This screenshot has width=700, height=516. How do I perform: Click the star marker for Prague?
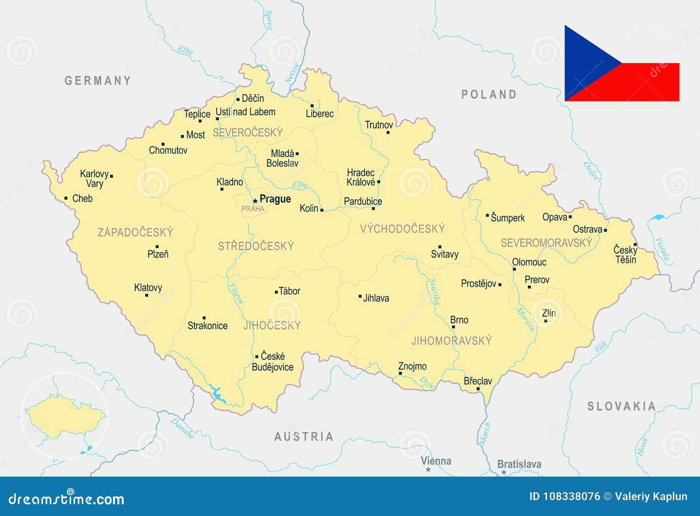pos(255,201)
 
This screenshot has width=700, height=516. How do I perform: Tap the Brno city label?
pos(459,320)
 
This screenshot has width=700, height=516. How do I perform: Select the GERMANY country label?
pos(98,81)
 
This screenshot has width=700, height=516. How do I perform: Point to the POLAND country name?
pos(489,95)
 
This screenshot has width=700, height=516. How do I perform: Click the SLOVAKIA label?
pos(621,407)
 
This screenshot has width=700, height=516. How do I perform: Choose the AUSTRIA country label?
pos(304,436)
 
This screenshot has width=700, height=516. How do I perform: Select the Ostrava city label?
pos(587,229)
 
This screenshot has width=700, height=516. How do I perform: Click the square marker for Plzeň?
pos(157,247)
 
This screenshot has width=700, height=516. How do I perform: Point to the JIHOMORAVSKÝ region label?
pos(451,341)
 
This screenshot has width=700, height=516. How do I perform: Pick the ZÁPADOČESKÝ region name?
pos(135,232)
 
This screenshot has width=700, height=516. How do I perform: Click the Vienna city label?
pos(436,461)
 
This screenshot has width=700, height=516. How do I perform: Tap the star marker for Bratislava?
pos(504,472)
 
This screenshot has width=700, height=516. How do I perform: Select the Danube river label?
pos(182,428)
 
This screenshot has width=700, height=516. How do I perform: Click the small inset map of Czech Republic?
pos(64,416)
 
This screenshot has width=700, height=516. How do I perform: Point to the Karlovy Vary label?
pos(94,179)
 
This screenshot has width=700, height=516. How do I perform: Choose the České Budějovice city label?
pos(273,362)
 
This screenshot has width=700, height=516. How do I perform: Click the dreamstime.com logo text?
pos(66,499)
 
